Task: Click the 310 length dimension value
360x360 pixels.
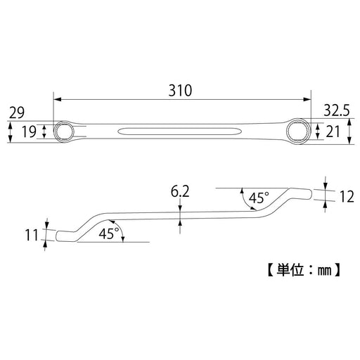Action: [x=181, y=91]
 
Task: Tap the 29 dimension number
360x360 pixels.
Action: [x=18, y=112]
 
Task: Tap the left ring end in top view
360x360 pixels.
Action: [x=65, y=131]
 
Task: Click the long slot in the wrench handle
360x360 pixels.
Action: [x=179, y=131]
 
